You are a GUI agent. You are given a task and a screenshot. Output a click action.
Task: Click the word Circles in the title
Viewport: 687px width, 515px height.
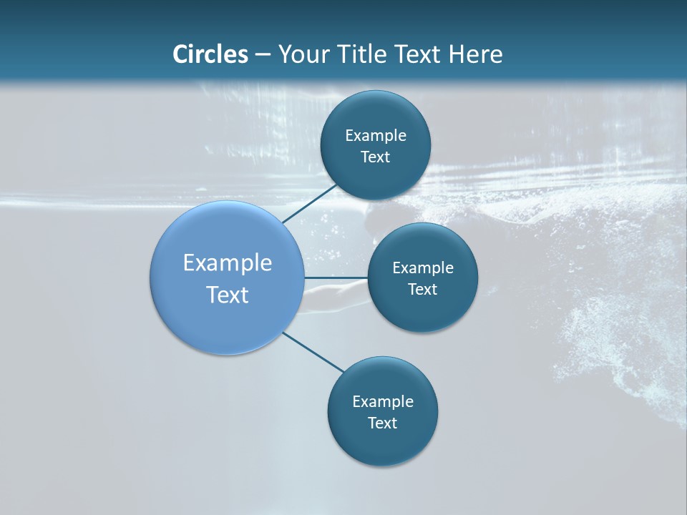point(210,54)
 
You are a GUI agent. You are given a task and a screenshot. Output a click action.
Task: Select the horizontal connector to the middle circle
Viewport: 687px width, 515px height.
point(336,277)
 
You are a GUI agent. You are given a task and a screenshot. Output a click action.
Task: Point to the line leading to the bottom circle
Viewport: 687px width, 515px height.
point(313,351)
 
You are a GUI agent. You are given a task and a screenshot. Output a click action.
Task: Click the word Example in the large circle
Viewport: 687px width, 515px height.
point(228,263)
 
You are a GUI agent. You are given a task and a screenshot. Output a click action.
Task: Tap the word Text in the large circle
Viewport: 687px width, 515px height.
point(228,295)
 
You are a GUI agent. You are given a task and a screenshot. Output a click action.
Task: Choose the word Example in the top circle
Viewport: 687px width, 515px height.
point(376,136)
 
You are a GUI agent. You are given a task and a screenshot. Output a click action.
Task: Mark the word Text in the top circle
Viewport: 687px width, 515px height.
point(375,157)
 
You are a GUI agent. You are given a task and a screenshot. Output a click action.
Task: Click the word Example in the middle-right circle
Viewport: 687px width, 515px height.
point(423,268)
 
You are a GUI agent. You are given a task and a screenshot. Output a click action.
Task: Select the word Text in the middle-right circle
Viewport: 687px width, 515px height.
point(422,290)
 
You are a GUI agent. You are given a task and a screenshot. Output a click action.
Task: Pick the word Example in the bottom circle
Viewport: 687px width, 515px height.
point(383,402)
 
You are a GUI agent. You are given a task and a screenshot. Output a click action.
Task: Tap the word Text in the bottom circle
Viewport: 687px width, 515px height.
point(382,423)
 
